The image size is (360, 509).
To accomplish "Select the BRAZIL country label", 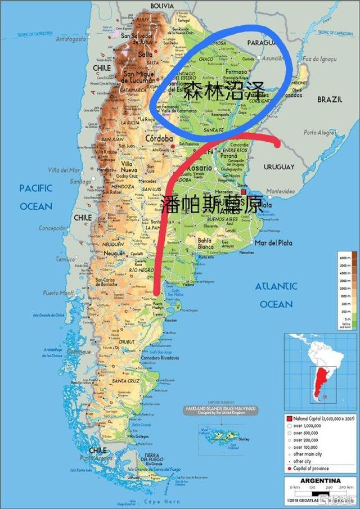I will pos(330,99).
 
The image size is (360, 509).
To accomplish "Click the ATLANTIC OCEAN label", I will pos(276,295).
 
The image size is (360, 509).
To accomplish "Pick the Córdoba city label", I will pos(158,138).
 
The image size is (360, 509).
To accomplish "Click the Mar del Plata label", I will pos(274,243).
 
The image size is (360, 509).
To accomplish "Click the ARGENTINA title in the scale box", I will pos(319,481).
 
